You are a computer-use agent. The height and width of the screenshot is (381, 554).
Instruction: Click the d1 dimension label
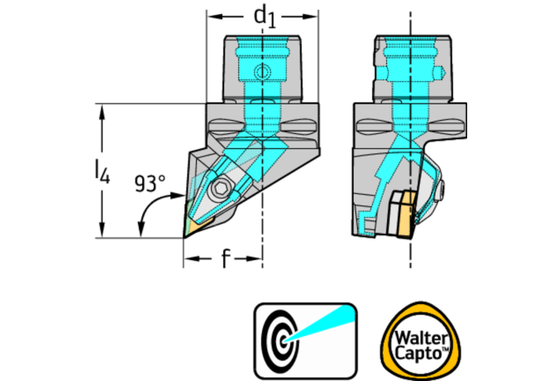pyautogui.click(x=264, y=14)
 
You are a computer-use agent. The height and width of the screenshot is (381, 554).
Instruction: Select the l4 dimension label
pyautogui.click(x=100, y=171)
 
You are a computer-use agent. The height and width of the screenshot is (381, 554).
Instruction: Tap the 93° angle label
pyautogui.click(x=150, y=184)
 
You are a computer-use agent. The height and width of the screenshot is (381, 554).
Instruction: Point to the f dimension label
pyautogui.click(x=225, y=260)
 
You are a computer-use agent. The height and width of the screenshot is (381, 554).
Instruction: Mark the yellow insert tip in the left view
pyautogui.click(x=192, y=228)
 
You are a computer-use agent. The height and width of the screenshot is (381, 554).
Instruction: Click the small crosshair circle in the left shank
pyautogui.click(x=263, y=71)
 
